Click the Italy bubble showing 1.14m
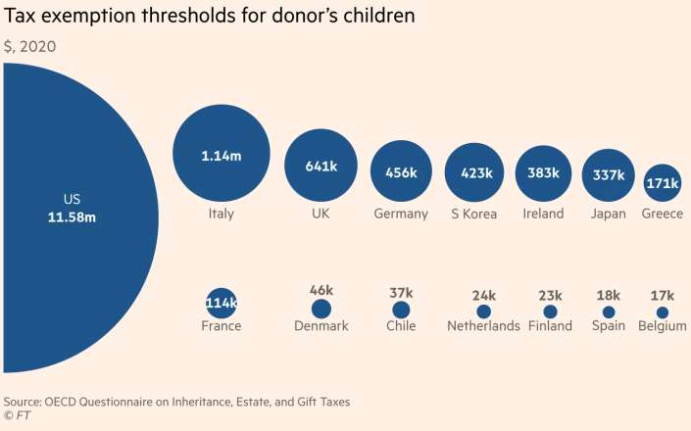(222, 154)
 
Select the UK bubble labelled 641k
(321, 166)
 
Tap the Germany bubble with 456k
(401, 172)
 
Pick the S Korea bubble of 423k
(475, 173)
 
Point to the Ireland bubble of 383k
(543, 173)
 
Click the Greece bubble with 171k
(663, 183)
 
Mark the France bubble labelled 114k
(222, 303)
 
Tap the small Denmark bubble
(321, 308)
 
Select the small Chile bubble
(401, 310)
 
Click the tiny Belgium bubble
(663, 312)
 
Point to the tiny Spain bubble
(609, 311)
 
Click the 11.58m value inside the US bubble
(73, 216)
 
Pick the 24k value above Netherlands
(483, 295)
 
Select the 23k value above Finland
(549, 295)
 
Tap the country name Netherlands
(483, 326)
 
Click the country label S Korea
(474, 214)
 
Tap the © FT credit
(17, 416)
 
